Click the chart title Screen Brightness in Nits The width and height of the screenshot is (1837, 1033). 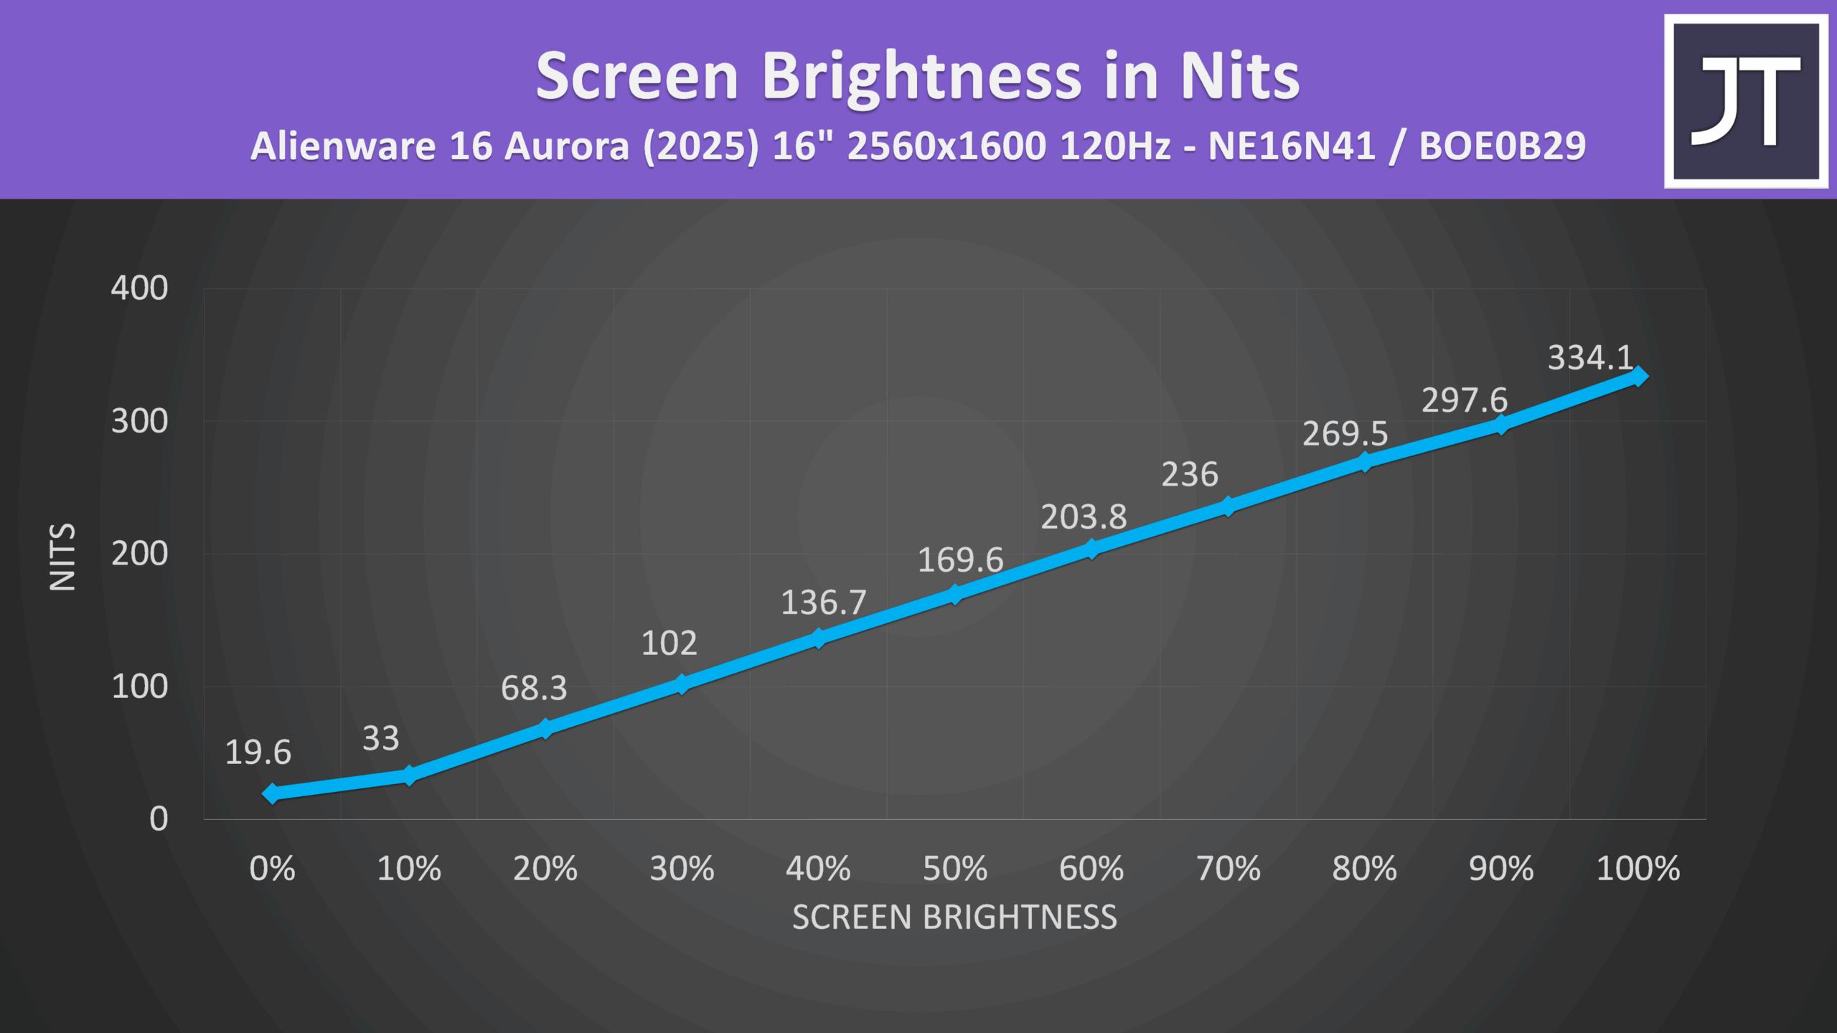918,77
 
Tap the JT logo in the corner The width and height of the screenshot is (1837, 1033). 1746,101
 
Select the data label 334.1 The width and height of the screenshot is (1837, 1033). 1590,357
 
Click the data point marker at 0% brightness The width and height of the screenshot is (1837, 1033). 271,793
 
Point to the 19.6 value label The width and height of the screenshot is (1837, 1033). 258,753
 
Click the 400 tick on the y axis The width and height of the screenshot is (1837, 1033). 139,288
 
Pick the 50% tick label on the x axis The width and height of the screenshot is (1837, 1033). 954,869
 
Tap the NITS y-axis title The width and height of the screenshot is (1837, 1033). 62,557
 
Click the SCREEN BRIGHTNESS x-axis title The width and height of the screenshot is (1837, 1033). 954,918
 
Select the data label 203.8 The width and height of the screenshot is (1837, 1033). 1084,516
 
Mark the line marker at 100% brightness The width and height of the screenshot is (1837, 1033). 1638,376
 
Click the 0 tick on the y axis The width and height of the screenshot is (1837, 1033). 159,819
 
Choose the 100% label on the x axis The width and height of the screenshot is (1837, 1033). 1638,869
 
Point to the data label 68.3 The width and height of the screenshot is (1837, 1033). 534,689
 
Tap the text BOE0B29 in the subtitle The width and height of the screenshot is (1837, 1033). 1502,146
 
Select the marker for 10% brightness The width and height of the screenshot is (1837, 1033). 408,775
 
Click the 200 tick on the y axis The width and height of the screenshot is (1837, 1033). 139,554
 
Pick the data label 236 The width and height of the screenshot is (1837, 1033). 1190,475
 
